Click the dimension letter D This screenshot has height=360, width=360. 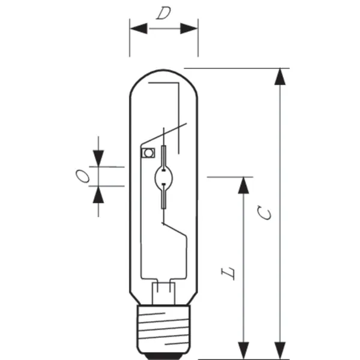point(163,13)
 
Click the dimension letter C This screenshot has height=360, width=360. point(264,213)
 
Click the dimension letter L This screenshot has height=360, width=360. point(228,274)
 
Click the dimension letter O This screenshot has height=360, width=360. point(83,176)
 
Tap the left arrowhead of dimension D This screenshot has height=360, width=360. point(139,28)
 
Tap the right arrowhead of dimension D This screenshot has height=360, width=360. point(189,28)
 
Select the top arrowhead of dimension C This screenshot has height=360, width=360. point(280,77)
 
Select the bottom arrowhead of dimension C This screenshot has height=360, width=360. point(280,350)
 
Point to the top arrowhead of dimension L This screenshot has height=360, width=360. point(244,185)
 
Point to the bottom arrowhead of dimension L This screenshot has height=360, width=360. point(244,350)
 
